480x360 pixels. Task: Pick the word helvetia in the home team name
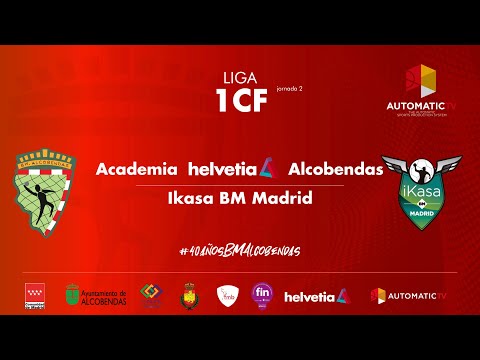click(x=225, y=169)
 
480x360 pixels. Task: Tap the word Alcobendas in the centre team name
click(x=336, y=169)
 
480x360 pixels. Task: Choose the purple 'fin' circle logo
click(x=262, y=295)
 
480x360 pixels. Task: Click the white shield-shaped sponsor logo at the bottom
click(x=227, y=295)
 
